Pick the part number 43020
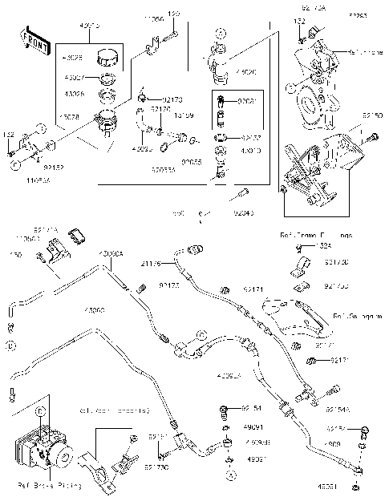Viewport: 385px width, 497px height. click(x=226, y=72)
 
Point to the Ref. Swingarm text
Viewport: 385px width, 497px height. click(x=353, y=317)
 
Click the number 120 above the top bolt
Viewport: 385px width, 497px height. click(x=174, y=14)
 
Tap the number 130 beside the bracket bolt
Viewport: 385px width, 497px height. click(x=15, y=255)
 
